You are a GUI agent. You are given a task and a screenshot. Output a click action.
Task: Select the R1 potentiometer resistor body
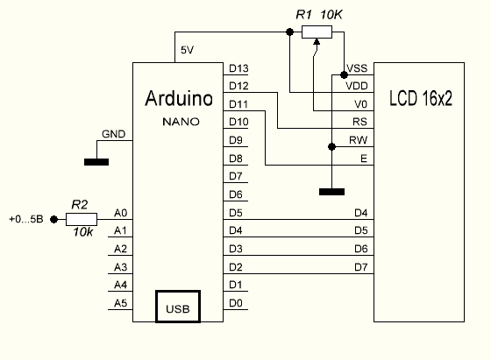click(317, 32)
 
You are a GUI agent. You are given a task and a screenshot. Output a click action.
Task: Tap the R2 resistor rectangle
click(82, 219)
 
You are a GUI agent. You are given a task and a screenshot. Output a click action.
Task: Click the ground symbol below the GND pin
click(96, 162)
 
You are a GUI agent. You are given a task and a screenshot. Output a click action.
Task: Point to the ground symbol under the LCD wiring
click(332, 192)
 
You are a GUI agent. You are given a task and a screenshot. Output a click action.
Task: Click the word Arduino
click(179, 98)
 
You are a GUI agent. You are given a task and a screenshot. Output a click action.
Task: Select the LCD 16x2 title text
click(421, 98)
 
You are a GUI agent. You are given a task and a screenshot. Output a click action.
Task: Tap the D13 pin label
click(238, 68)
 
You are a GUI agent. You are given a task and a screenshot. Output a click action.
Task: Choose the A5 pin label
click(121, 303)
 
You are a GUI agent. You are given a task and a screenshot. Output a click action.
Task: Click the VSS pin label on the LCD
click(357, 68)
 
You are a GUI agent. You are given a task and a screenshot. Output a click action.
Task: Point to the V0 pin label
click(360, 104)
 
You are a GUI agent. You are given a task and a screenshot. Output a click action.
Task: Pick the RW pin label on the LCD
click(359, 140)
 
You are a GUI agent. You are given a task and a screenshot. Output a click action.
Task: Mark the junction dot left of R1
click(290, 32)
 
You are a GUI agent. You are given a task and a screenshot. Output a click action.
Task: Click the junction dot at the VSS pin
click(344, 75)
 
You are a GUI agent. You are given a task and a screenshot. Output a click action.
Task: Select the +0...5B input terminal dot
click(53, 219)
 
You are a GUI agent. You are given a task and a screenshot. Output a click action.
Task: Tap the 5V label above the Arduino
click(188, 50)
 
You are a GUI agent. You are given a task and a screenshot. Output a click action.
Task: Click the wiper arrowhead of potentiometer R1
click(317, 42)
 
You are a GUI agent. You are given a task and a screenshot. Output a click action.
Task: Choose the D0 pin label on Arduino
click(236, 303)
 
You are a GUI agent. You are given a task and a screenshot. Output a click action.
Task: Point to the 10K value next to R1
click(331, 14)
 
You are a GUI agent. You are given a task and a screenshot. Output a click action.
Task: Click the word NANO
click(181, 122)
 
